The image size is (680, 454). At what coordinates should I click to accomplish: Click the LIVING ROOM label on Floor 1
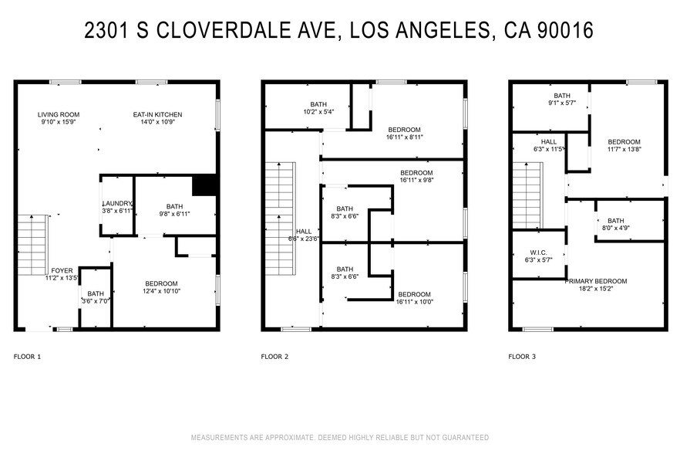59,114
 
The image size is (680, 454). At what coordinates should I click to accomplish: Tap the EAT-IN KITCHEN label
161,114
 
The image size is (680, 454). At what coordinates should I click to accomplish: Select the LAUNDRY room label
117,203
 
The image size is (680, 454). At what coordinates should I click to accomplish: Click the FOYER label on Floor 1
62,270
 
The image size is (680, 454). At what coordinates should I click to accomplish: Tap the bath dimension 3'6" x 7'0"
96,301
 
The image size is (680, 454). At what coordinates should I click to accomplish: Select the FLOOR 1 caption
27,357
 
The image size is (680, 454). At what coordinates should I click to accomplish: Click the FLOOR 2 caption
274,357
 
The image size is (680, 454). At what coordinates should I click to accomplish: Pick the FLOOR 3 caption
522,357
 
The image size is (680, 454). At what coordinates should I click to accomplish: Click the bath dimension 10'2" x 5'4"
318,112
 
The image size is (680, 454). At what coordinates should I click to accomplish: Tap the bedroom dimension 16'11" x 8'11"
404,137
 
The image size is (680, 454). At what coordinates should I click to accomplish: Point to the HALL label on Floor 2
304,231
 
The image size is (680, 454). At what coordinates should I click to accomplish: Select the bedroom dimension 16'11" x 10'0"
414,302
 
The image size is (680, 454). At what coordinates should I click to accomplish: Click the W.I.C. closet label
538,252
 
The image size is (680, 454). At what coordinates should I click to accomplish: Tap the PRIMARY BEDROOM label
596,281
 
